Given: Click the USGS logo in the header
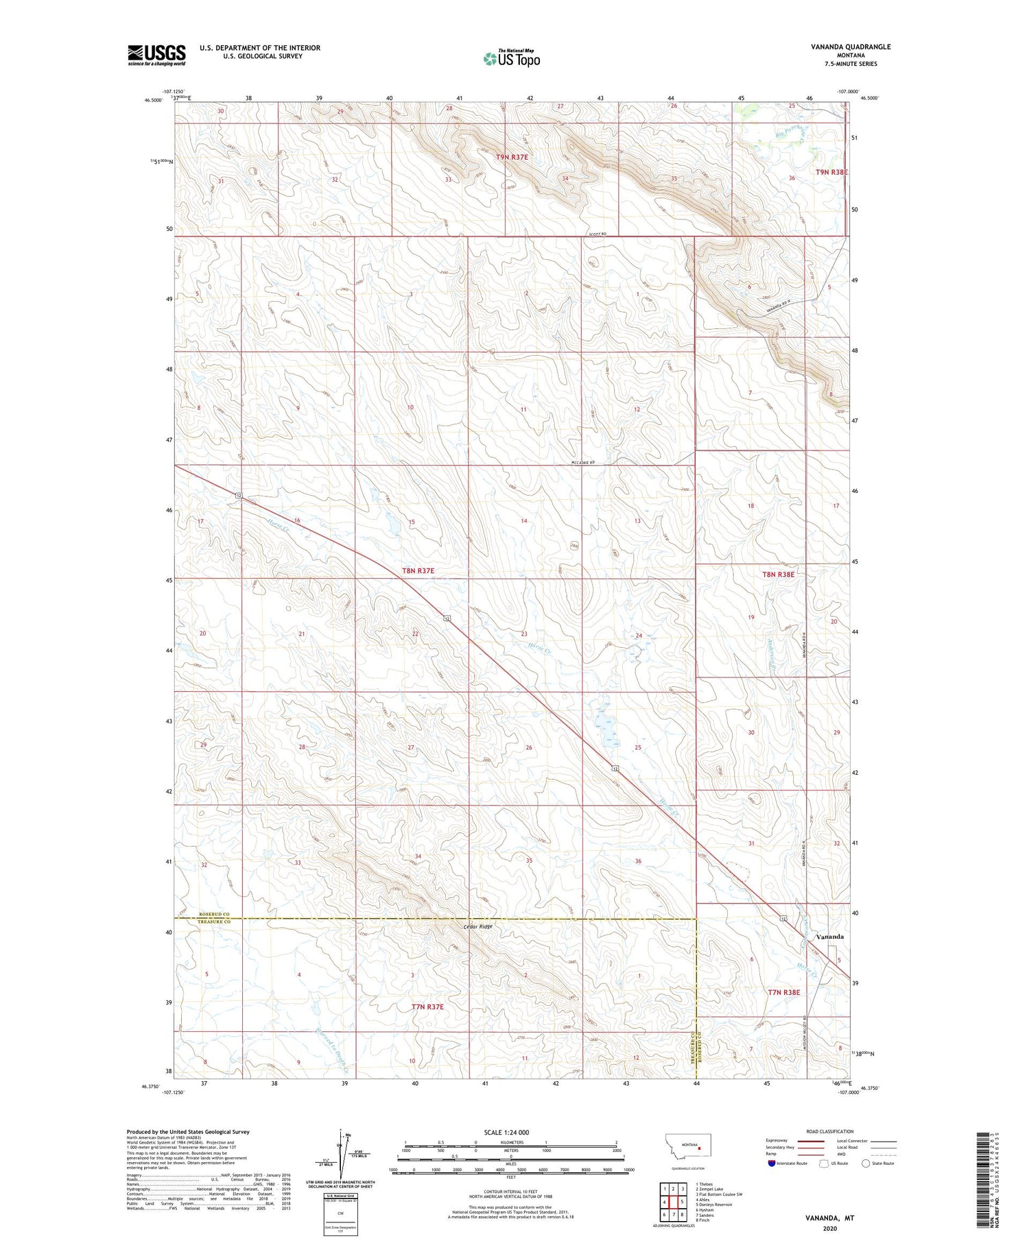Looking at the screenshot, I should click(x=156, y=55).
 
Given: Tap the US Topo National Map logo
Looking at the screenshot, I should click(x=512, y=58).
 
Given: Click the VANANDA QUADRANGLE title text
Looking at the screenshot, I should click(x=850, y=47).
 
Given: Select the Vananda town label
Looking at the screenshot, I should click(x=829, y=936).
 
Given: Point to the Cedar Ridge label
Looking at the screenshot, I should click(x=477, y=926).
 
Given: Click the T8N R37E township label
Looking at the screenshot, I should click(x=418, y=570).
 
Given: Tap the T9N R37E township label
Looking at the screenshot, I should click(x=512, y=157).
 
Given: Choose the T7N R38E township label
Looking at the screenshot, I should click(x=783, y=992).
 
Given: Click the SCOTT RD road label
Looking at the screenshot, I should click(x=597, y=234).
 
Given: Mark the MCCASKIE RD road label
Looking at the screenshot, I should click(x=581, y=463).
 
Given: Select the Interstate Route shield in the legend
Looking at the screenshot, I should click(x=771, y=1163).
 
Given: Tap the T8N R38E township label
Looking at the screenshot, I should click(x=778, y=575).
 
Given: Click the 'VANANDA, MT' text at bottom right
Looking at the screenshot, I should click(x=830, y=1218).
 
